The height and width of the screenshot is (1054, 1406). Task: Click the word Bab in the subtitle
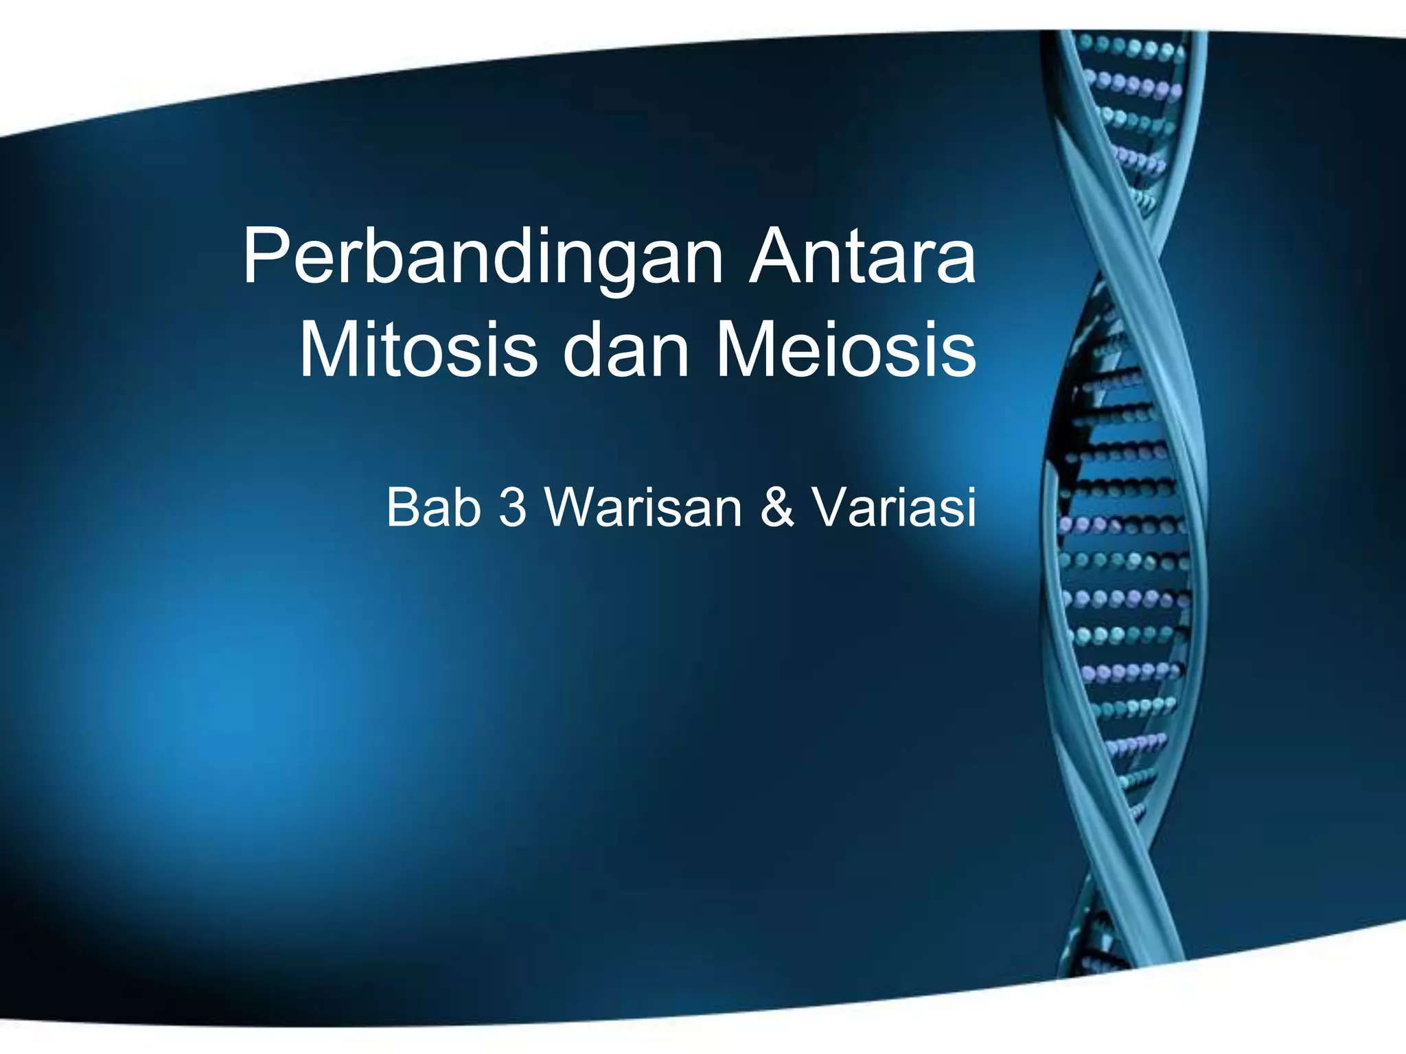tap(433, 507)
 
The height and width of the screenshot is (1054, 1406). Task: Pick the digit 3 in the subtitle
tap(513, 507)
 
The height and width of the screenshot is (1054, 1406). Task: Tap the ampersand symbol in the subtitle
tap(777, 507)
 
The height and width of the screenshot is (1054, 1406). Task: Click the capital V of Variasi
tap(831, 507)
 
